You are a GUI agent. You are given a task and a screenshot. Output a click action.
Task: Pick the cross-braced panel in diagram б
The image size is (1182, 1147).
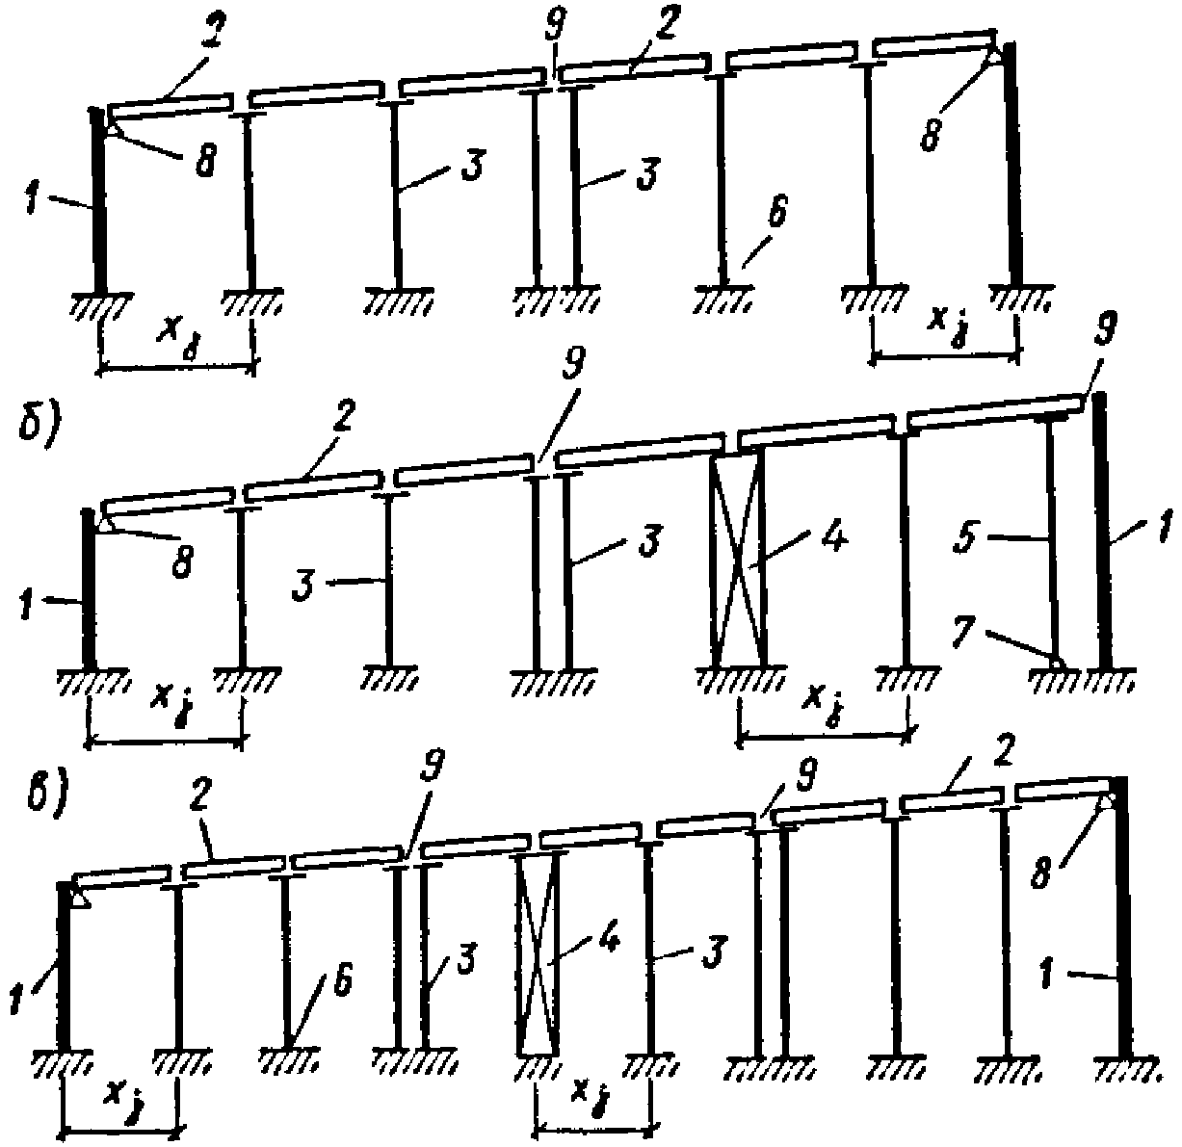(738, 559)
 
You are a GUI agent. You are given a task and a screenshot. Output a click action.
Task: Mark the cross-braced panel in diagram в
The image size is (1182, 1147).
(538, 953)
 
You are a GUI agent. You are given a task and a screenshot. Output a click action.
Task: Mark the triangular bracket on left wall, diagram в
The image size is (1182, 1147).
(81, 898)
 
